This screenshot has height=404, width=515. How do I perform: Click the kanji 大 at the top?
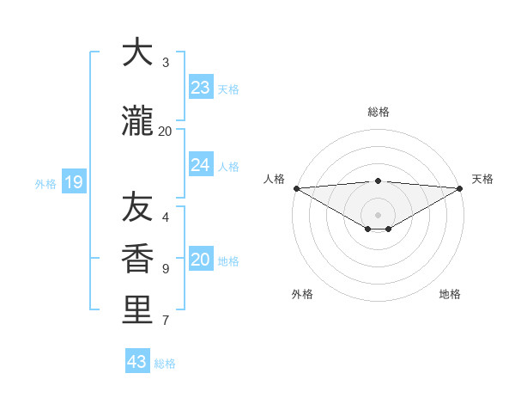(x=136, y=53)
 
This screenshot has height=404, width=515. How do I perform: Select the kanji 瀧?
(x=136, y=123)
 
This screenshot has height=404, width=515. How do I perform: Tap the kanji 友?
(x=136, y=207)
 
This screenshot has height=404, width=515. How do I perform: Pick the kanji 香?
(x=136, y=260)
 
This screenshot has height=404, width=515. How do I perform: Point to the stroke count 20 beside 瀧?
(x=165, y=131)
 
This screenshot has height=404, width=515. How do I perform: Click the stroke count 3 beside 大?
(x=166, y=63)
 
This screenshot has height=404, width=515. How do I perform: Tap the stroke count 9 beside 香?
(x=166, y=269)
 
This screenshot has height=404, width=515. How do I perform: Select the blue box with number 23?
(x=201, y=87)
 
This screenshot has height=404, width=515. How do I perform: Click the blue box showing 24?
(x=201, y=165)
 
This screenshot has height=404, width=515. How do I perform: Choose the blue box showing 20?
(x=201, y=260)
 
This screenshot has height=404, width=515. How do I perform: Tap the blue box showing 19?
(x=73, y=181)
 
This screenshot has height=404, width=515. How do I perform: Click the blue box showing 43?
(x=137, y=362)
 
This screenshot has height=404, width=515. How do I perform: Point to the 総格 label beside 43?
(x=165, y=364)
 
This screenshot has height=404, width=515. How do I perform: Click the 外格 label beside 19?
(x=45, y=183)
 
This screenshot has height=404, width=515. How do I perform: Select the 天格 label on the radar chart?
(x=482, y=179)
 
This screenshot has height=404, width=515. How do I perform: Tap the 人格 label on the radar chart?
(x=274, y=179)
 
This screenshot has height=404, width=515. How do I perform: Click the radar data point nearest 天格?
(x=460, y=188)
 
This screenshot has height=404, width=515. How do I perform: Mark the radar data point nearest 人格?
(x=296, y=188)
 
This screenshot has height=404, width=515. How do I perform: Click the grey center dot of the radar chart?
(x=378, y=214)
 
